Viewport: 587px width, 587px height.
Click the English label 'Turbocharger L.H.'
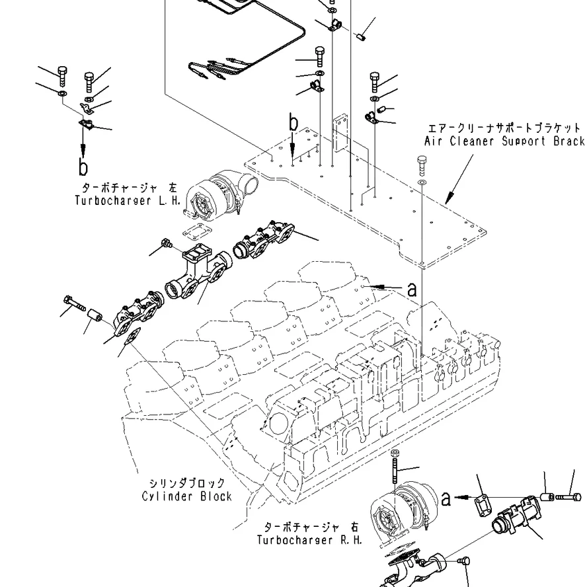pyautogui.click(x=128, y=201)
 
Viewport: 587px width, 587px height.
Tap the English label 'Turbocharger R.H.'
pyautogui.click(x=309, y=540)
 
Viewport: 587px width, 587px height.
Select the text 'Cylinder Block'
pyautogui.click(x=187, y=496)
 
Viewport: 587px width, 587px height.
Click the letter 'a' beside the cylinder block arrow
pyautogui.click(x=412, y=290)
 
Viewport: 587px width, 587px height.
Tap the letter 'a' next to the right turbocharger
pyautogui.click(x=446, y=499)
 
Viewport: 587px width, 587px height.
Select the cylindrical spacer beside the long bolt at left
pyautogui.click(x=95, y=318)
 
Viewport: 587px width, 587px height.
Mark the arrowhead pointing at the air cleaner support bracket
pyautogui.click(x=450, y=196)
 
